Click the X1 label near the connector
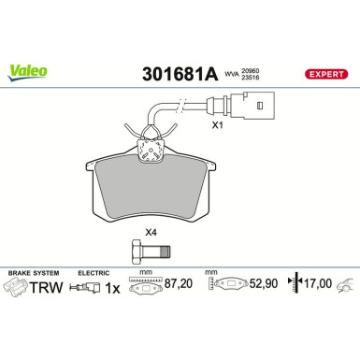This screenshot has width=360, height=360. click(x=219, y=122)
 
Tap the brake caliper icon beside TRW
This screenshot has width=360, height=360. click(x=15, y=292)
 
